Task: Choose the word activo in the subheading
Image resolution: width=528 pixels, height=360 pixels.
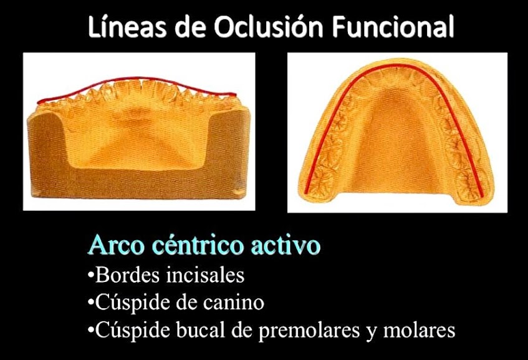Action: tap(284, 245)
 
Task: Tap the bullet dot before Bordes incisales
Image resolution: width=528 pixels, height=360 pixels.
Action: tap(91, 276)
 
